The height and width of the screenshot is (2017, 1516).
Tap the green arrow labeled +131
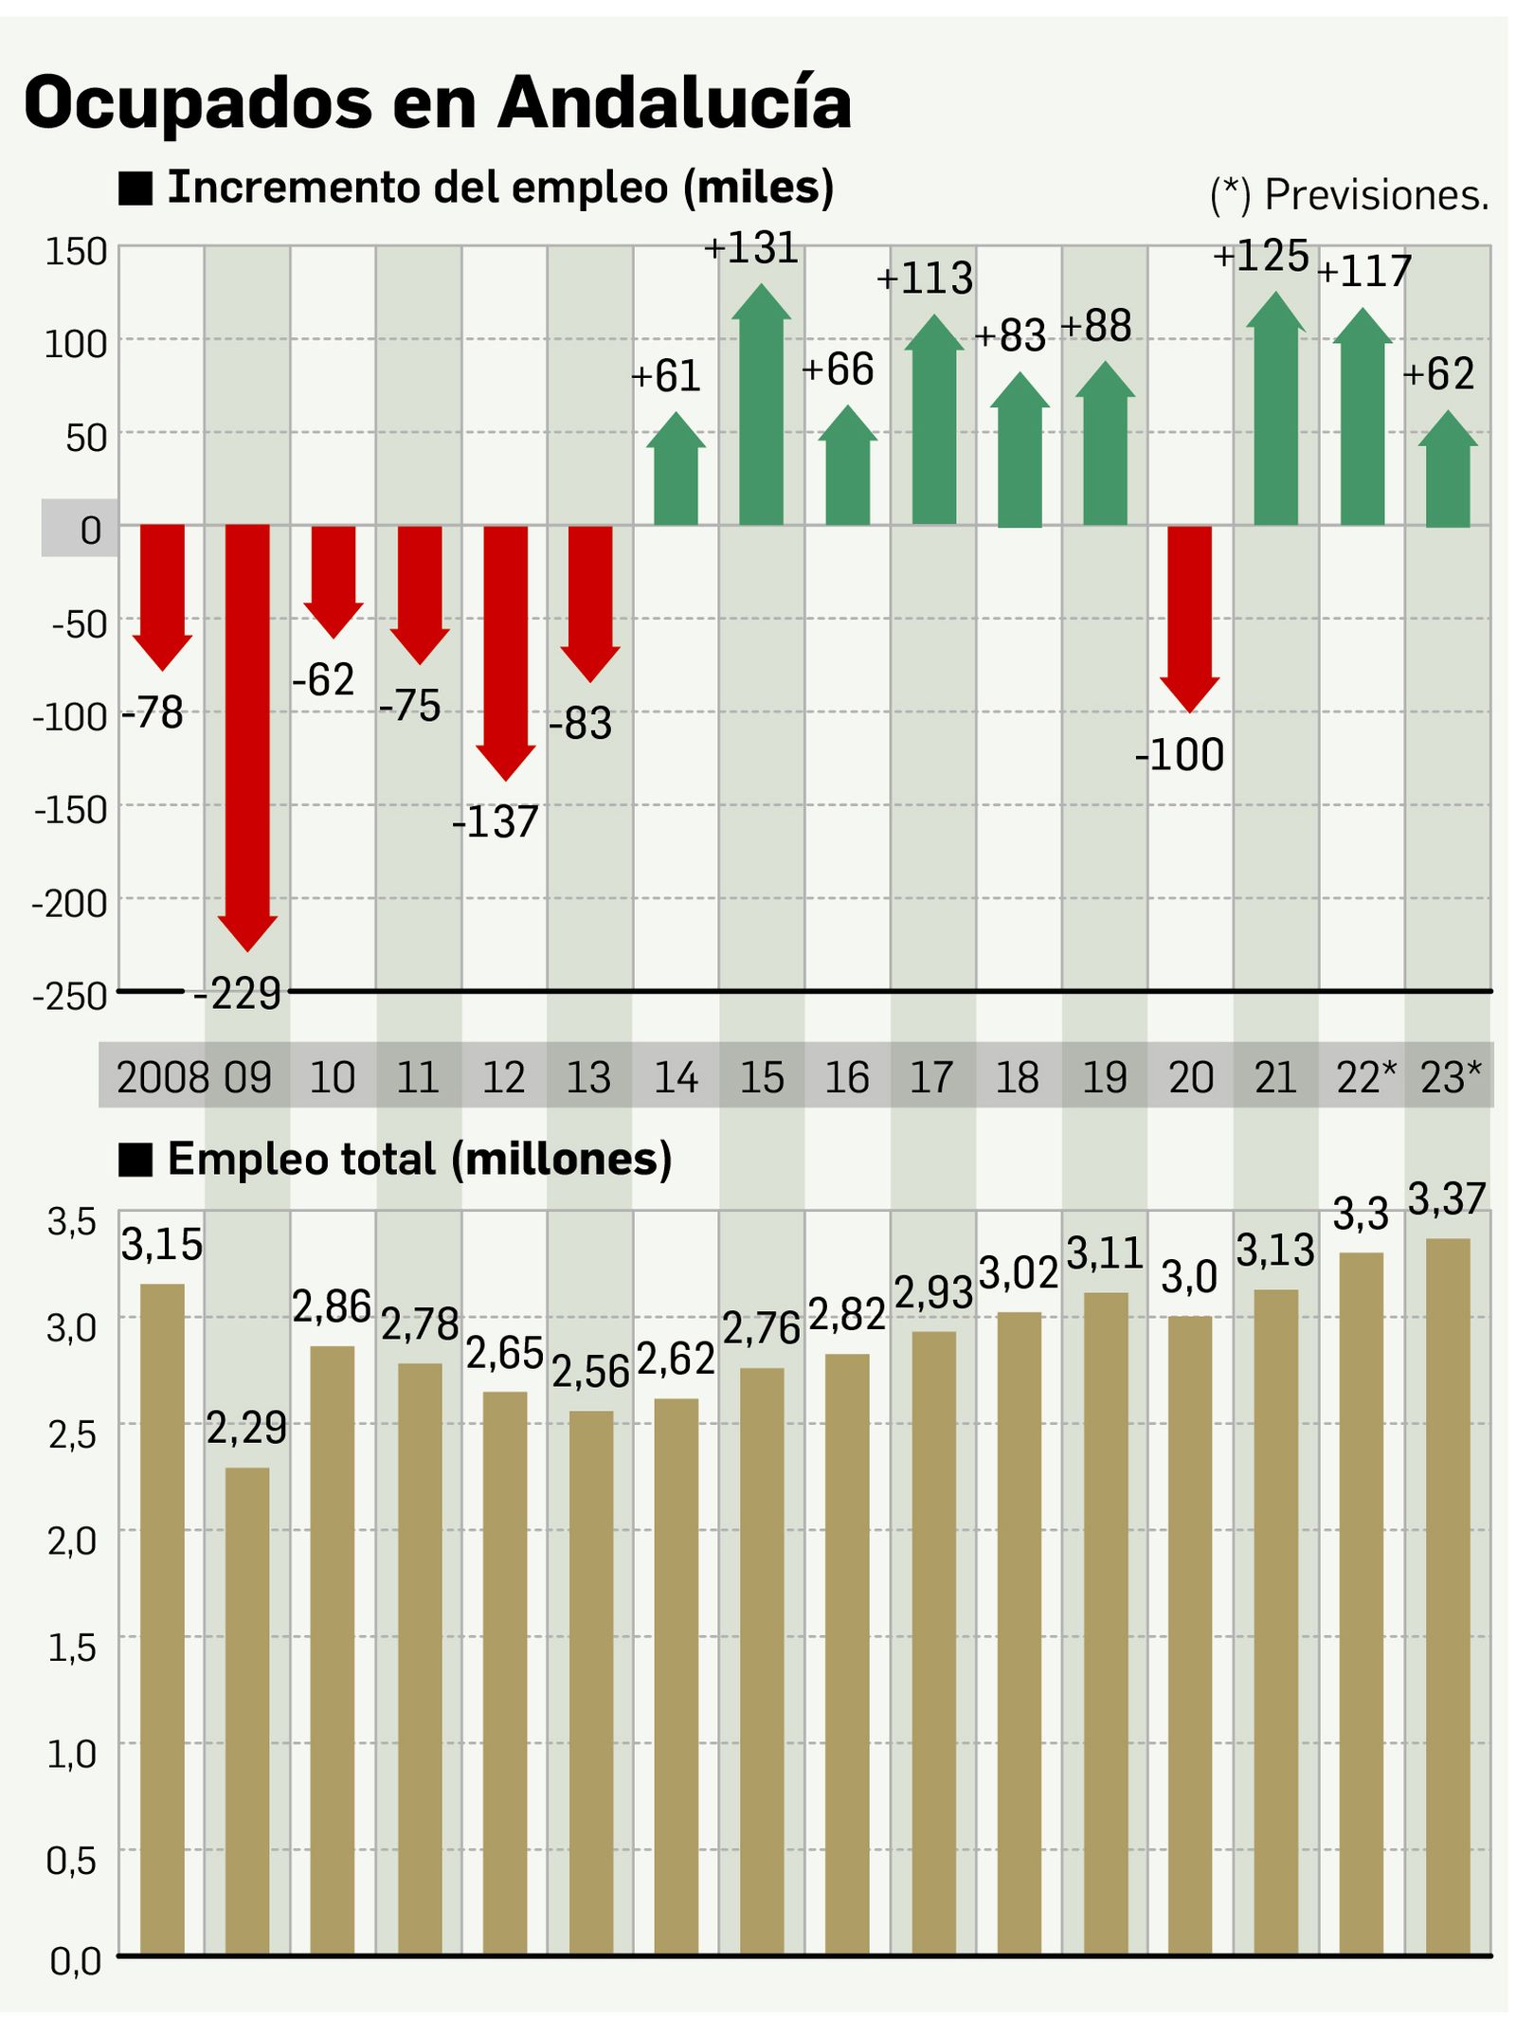tap(761, 407)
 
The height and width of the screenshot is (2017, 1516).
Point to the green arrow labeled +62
tap(1448, 474)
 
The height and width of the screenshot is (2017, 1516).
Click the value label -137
tap(496, 821)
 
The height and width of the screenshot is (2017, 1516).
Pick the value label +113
tap(925, 279)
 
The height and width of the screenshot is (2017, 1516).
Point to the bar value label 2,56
tap(590, 1372)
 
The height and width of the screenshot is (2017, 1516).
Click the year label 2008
tap(162, 1078)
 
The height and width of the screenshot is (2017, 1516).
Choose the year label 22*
tap(1365, 1078)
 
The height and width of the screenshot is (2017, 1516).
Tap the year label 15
tap(761, 1078)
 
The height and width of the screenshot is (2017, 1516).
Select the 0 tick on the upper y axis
tap(90, 531)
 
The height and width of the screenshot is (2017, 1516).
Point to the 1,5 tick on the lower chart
tap(73, 1648)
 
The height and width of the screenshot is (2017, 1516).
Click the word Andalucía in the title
tap(675, 102)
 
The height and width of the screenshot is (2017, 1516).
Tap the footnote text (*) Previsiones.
tap(1349, 195)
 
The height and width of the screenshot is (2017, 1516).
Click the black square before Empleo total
tap(135, 1160)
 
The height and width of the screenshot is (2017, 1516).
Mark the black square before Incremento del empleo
tap(135, 189)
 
